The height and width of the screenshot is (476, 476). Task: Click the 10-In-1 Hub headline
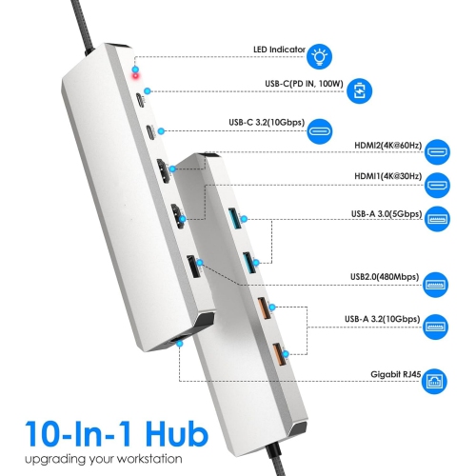click(x=114, y=434)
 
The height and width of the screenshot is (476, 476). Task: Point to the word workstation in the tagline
click(x=170, y=461)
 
